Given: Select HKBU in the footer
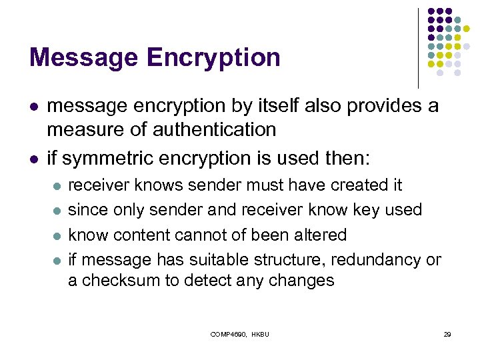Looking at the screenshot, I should pos(262,333).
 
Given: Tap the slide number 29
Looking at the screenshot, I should pos(447,333).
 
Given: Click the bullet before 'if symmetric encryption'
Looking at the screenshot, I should pos(33,159).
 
